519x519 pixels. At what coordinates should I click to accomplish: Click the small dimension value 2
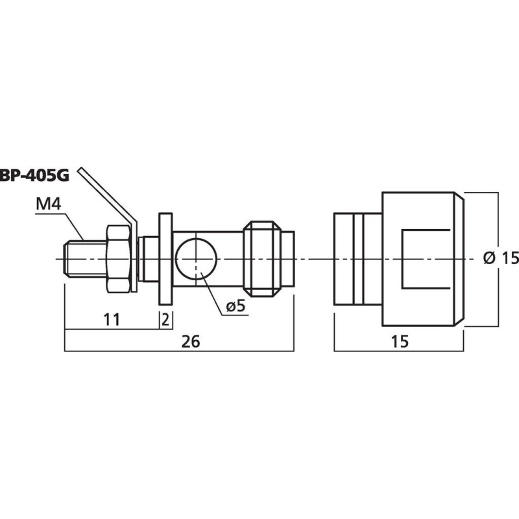point(166,319)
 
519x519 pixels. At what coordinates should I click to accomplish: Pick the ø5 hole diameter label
point(237,306)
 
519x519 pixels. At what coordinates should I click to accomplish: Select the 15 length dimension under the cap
point(400,342)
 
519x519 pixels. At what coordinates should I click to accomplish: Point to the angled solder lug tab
point(107,194)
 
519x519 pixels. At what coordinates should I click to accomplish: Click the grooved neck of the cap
point(357,259)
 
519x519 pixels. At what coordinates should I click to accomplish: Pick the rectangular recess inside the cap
point(425,259)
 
